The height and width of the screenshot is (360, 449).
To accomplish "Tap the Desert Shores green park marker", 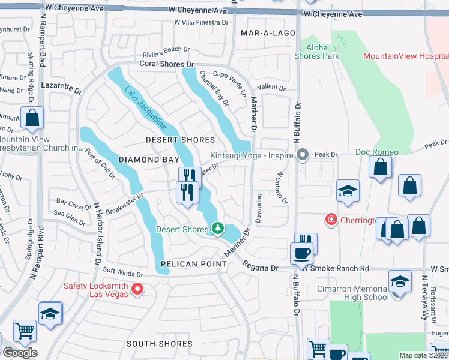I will click(217, 229).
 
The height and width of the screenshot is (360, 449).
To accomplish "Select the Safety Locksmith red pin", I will click(137, 290).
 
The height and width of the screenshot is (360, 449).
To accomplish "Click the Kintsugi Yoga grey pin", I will click(303, 155).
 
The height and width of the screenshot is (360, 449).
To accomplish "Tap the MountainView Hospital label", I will click(405, 56).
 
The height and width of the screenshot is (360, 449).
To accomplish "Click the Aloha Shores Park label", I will click(316, 52).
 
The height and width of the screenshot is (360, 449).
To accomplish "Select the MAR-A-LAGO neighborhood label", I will click(267, 34).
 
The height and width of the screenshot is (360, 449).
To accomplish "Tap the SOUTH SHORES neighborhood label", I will click(160, 344).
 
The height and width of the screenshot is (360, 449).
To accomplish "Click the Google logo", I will click(19, 353).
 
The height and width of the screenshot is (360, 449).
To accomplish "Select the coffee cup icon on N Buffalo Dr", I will click(301, 253).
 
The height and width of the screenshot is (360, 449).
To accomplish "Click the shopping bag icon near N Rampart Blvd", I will click(32, 119).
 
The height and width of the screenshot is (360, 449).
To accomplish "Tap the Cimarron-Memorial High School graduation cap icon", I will click(400, 281).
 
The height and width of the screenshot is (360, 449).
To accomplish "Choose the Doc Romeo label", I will click(377, 152).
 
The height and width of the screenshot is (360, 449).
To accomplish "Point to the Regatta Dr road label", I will click(261, 268).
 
